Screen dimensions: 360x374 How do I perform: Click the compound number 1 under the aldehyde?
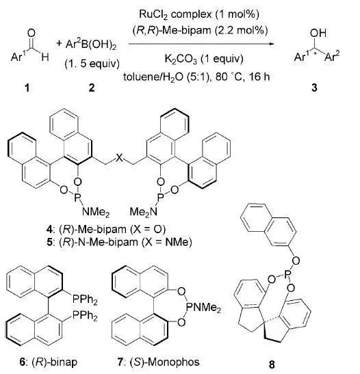click(x=27, y=88)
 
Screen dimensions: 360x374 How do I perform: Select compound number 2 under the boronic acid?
click(x=92, y=88)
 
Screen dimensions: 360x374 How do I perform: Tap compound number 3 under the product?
click(x=314, y=88)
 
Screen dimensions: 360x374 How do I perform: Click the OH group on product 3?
click(x=318, y=33)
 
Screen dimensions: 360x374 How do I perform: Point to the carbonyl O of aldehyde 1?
click(x=31, y=33)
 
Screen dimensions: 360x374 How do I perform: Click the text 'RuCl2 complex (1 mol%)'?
click(x=199, y=14)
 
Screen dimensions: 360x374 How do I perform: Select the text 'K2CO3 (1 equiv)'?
click(x=204, y=59)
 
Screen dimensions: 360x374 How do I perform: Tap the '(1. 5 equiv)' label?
click(x=92, y=64)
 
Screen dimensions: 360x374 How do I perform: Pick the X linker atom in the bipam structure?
click(x=119, y=158)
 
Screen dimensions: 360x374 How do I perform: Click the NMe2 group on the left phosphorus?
click(x=96, y=211)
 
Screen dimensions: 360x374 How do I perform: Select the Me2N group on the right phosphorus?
click(x=144, y=211)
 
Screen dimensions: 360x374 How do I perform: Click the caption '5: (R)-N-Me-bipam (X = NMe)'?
click(x=119, y=242)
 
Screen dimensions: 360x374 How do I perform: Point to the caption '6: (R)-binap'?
click(x=49, y=362)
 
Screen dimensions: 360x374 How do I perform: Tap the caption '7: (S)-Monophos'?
click(x=158, y=362)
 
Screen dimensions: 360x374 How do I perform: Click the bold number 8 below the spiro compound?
click(x=272, y=364)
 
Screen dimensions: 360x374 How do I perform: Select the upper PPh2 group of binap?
click(x=85, y=300)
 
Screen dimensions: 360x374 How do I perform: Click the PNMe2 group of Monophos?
click(x=203, y=308)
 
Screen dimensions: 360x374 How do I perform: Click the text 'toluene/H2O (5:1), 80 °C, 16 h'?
click(x=196, y=77)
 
